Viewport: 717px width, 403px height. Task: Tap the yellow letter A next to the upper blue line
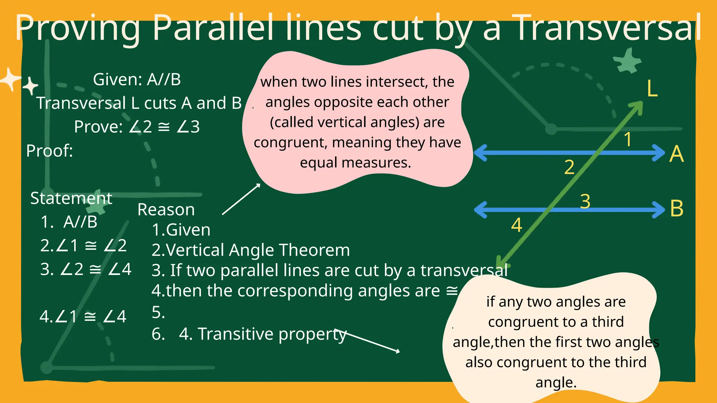tap(676, 154)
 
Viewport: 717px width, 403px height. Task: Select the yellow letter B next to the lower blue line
tap(676, 209)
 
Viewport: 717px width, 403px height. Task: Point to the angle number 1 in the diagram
tap(628, 139)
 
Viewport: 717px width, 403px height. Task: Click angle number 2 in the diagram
tap(569, 167)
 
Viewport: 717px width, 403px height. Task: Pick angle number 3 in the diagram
tap(585, 201)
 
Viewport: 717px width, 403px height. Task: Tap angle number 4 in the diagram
tap(517, 225)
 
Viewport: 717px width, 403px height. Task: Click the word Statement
tap(71, 198)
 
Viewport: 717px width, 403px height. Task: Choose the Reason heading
tap(166, 210)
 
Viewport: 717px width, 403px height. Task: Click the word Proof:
tap(49, 151)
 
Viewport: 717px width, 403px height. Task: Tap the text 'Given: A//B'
tap(137, 79)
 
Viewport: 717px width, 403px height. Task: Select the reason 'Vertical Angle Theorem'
tap(257, 250)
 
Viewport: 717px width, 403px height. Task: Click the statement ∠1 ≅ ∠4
tap(83, 317)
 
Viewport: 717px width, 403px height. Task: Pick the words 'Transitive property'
tap(272, 334)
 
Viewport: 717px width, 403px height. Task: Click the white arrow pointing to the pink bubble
tap(241, 199)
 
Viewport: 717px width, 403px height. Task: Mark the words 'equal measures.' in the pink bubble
tap(355, 163)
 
